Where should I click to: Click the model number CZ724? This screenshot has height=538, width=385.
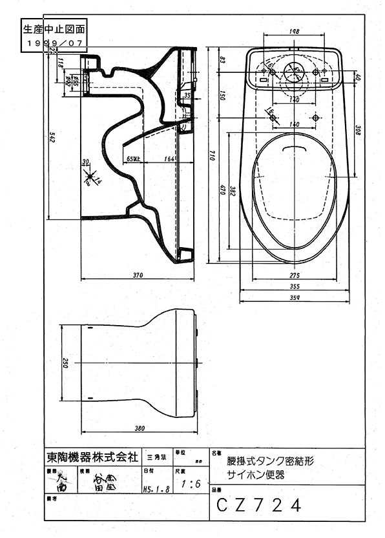(258, 504)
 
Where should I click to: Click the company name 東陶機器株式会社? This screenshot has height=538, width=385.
(92, 457)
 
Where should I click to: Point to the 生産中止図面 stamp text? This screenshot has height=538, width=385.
(54, 29)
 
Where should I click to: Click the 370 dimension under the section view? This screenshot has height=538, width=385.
(138, 275)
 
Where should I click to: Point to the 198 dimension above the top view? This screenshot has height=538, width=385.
(293, 31)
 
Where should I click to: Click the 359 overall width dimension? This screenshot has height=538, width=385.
(295, 297)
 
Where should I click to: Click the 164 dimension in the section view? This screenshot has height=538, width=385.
(170, 157)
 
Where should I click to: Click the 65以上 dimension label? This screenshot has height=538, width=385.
(132, 157)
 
